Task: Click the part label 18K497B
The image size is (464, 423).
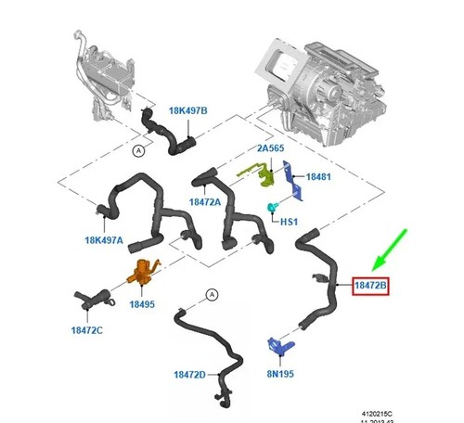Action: (x=187, y=110)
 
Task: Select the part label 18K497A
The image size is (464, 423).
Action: (x=104, y=240)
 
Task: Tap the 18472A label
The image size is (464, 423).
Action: (x=205, y=202)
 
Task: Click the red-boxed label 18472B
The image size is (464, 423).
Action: (x=370, y=286)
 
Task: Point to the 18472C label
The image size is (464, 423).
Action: (x=86, y=330)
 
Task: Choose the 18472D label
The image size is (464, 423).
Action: (x=189, y=375)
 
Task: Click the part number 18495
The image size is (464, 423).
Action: (x=142, y=304)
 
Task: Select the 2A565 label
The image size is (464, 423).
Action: (x=270, y=148)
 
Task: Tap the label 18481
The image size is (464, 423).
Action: (x=318, y=177)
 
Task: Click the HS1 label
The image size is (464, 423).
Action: (x=289, y=222)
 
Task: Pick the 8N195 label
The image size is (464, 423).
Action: (x=280, y=374)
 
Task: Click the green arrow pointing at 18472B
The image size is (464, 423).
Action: (x=390, y=250)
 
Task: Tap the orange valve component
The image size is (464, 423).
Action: (x=143, y=273)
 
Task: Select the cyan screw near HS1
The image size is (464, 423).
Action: (x=272, y=207)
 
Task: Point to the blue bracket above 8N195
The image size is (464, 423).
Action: (x=280, y=345)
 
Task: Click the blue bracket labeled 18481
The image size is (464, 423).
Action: (x=293, y=181)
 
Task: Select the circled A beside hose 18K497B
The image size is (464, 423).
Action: (x=138, y=151)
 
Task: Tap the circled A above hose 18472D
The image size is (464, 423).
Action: (x=212, y=295)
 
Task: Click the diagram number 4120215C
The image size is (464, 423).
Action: (x=377, y=414)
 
